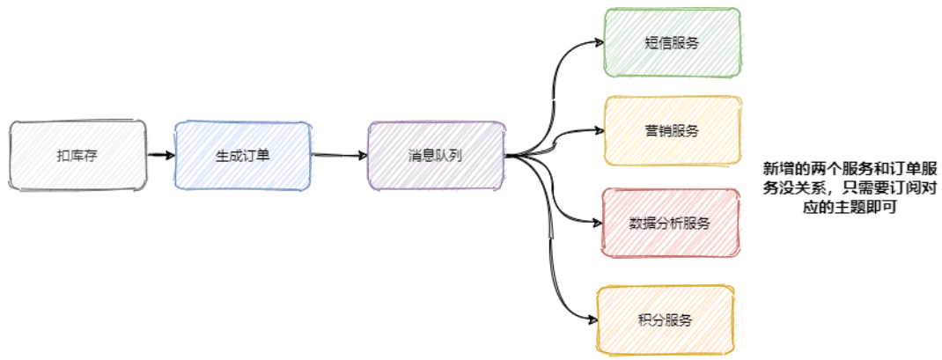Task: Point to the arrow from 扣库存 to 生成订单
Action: pos(160,155)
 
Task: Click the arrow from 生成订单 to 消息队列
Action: pos(339,156)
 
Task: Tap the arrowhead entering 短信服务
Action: pos(599,41)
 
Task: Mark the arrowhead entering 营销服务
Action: pos(599,131)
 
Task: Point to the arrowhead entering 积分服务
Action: pos(592,319)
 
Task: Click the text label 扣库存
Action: pos(77,156)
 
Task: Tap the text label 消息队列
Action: pos(436,156)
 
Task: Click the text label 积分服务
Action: pos(666,319)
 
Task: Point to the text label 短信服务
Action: pos(672,43)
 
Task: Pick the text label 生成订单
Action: pos(242,156)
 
